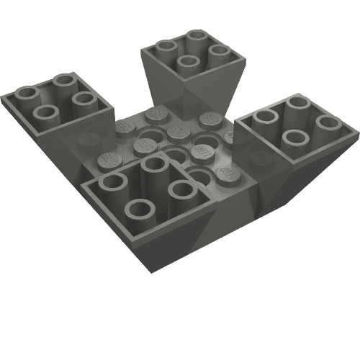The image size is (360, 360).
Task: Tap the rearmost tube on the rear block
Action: [x=197, y=37]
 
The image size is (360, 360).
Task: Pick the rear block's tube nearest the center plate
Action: [x=189, y=63]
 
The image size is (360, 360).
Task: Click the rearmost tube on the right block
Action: [x=297, y=107]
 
